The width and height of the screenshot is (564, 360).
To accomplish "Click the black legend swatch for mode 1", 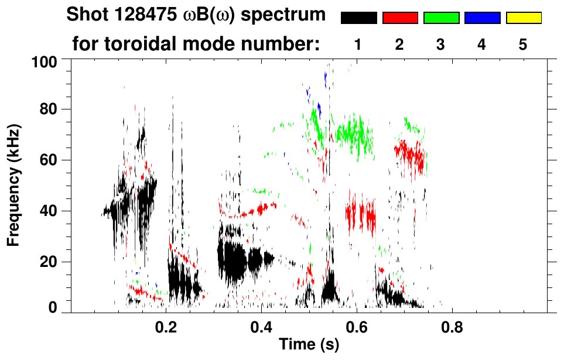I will click(x=358, y=18).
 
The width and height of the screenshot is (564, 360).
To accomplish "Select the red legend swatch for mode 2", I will click(x=400, y=18).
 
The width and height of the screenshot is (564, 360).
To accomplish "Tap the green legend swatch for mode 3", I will click(x=441, y=18).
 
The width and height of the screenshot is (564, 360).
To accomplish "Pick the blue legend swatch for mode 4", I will click(x=482, y=18).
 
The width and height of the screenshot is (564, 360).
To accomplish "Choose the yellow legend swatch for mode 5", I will click(x=523, y=18).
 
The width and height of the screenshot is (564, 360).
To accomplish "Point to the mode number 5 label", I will click(x=523, y=44).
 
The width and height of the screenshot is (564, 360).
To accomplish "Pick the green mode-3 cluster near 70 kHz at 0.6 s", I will click(x=354, y=133).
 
